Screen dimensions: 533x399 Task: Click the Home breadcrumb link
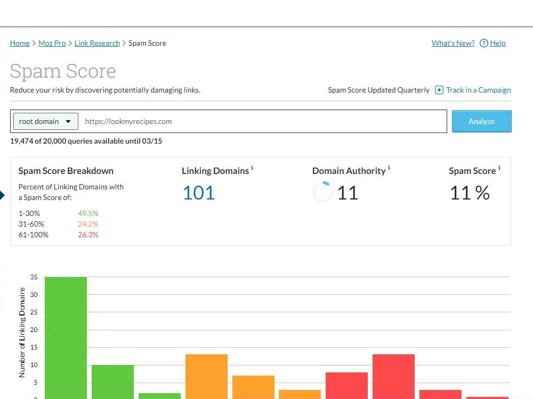(20, 43)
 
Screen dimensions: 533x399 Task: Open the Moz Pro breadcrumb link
(52, 43)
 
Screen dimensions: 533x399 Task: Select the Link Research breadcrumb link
(97, 43)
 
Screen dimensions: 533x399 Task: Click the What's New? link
(453, 43)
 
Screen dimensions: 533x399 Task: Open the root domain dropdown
(45, 121)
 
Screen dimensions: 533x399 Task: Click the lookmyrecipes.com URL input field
(263, 121)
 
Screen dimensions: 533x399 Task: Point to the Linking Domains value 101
(198, 193)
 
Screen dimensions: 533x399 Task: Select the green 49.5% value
(88, 213)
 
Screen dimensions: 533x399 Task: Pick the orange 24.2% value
(88, 224)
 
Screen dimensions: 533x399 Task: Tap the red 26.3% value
(88, 235)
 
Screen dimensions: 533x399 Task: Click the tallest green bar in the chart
(66, 338)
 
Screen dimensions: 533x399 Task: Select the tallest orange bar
(206, 377)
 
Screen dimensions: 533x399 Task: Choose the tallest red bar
(393, 377)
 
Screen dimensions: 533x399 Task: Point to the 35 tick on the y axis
(34, 277)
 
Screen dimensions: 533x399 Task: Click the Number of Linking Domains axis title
(22, 332)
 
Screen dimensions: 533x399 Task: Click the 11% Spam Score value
(470, 193)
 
